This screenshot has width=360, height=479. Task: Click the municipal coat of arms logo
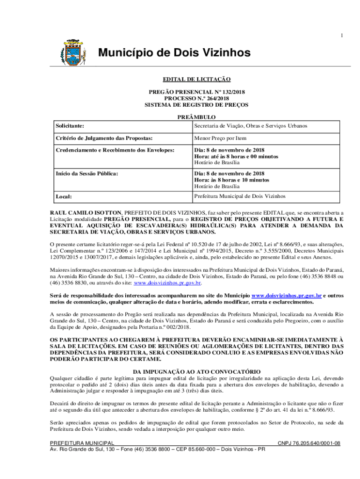tap(71, 53)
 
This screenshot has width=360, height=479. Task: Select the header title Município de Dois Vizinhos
tap(174, 53)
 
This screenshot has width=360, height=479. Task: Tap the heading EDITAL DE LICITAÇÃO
tap(196, 80)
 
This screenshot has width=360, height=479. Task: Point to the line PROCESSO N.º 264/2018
tap(196, 99)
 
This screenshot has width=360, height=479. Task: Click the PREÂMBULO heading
tap(196, 117)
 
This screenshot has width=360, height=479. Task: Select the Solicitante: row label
tap(70, 126)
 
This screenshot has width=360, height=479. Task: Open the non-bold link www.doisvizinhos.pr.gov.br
tap(168, 283)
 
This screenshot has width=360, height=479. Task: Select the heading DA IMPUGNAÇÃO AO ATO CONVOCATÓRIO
tap(196, 371)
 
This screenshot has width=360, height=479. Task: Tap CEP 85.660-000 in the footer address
tap(192, 449)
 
